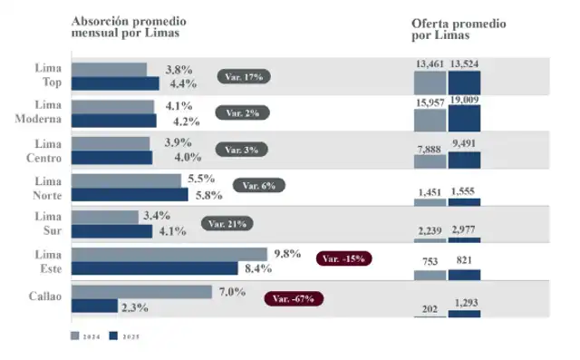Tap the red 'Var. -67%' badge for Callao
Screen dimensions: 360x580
293,298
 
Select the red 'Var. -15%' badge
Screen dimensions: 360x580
343,258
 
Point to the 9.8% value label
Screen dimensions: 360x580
286,253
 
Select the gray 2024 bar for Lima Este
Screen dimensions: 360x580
169,254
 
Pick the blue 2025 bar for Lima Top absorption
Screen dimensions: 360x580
115,83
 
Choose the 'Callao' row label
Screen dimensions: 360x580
44,297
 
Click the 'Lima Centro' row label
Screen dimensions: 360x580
45,151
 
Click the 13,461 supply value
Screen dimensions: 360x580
430,63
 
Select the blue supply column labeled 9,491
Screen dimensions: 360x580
464,161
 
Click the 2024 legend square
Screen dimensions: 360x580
75,336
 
